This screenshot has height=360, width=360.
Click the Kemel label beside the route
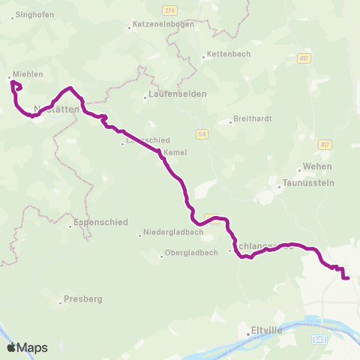[175, 152]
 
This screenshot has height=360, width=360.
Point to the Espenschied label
[101, 223]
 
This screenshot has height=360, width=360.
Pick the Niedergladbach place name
[172, 232]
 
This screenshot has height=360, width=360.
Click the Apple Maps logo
[27, 347]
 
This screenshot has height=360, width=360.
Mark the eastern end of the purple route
[349, 278]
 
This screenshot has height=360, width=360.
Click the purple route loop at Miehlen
[16, 85]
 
